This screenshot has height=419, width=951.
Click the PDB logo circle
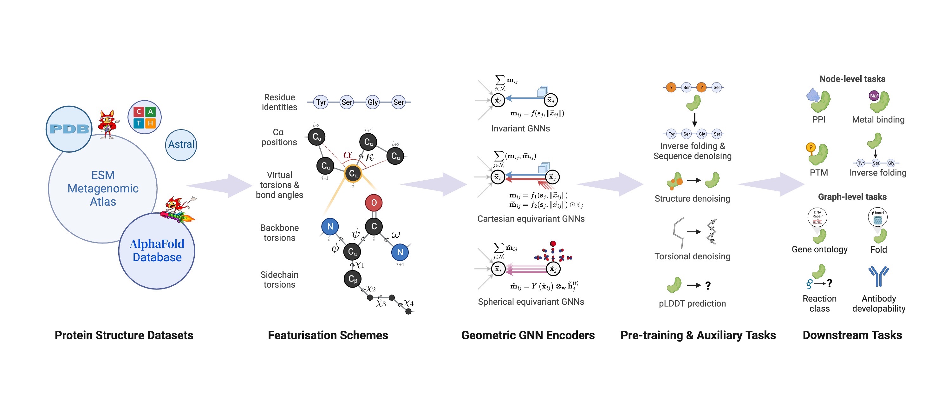click(69, 129)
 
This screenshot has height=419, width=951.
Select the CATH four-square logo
click(144, 117)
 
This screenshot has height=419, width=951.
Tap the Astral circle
click(181, 144)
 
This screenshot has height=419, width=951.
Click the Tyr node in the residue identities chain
click(321, 102)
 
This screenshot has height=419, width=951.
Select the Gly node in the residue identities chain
click(373, 102)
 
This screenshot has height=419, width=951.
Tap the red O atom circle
click(374, 203)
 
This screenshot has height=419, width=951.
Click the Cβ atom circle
click(353, 279)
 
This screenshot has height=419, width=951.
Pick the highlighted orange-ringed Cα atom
click(353, 174)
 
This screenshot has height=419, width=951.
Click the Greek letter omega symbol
click(395, 234)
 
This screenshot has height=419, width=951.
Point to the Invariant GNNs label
click(521, 129)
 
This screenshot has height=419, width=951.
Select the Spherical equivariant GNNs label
click(531, 302)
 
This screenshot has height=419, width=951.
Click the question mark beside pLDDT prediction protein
click(708, 286)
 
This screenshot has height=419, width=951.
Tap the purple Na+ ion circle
click(874, 96)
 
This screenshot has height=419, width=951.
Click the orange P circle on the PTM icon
click(811, 147)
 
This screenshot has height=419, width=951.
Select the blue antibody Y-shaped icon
click(878, 276)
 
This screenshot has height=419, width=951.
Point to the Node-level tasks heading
click(852, 79)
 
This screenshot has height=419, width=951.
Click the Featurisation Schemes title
click(328, 335)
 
